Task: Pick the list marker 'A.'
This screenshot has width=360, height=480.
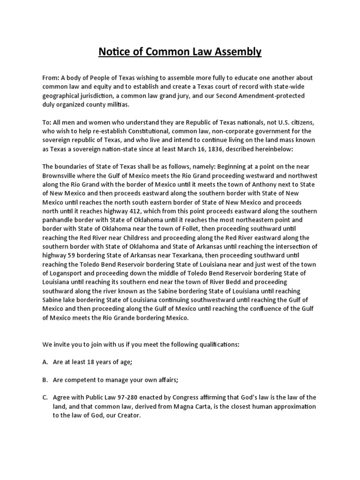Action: click(x=45, y=362)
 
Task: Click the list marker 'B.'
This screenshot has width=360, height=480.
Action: click(x=45, y=380)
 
